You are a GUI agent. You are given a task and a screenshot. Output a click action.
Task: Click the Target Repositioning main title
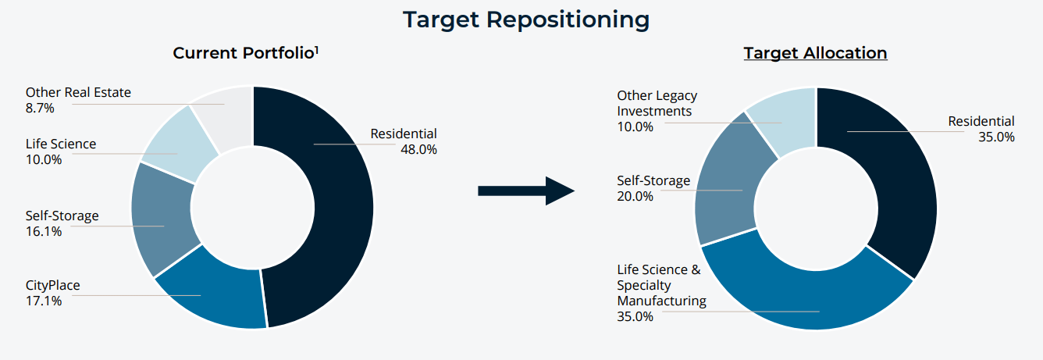[x=525, y=20]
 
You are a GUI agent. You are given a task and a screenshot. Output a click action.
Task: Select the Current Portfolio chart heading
[x=244, y=53]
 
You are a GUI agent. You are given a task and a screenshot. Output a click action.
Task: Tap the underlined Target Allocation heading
[x=815, y=53]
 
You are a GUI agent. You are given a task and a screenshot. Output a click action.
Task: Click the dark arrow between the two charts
[x=525, y=191]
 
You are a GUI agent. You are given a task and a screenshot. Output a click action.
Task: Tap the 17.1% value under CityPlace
[x=44, y=301]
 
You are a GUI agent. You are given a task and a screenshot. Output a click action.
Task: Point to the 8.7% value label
[x=40, y=108]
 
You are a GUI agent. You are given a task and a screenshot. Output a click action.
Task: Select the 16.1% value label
[x=44, y=231]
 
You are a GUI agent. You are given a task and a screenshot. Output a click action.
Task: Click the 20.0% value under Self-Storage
[x=635, y=196]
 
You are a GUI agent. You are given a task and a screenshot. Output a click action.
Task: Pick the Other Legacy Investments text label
[x=657, y=103]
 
